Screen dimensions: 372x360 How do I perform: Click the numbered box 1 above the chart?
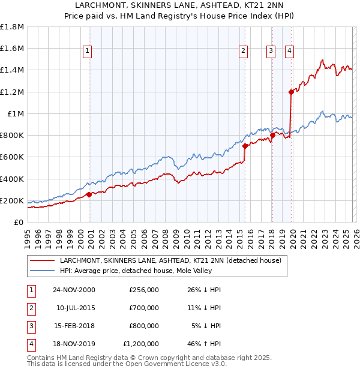click(x=88, y=51)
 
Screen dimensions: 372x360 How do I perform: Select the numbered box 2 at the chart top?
click(x=244, y=51)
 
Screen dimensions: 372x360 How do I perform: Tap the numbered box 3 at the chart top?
click(x=271, y=51)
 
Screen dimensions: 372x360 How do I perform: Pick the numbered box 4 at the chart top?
click(x=289, y=51)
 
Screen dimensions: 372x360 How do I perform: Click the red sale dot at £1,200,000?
click(x=291, y=92)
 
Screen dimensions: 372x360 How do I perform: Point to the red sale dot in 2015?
click(x=245, y=146)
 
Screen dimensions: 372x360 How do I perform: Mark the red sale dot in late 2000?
click(x=89, y=194)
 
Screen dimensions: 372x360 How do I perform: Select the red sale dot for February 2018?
click(x=272, y=135)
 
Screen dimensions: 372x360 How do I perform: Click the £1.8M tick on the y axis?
click(x=13, y=27)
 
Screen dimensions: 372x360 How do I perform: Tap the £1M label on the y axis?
click(x=16, y=113)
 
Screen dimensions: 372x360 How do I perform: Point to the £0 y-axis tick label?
click(x=19, y=222)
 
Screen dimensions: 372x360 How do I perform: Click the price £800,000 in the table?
click(x=143, y=326)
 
